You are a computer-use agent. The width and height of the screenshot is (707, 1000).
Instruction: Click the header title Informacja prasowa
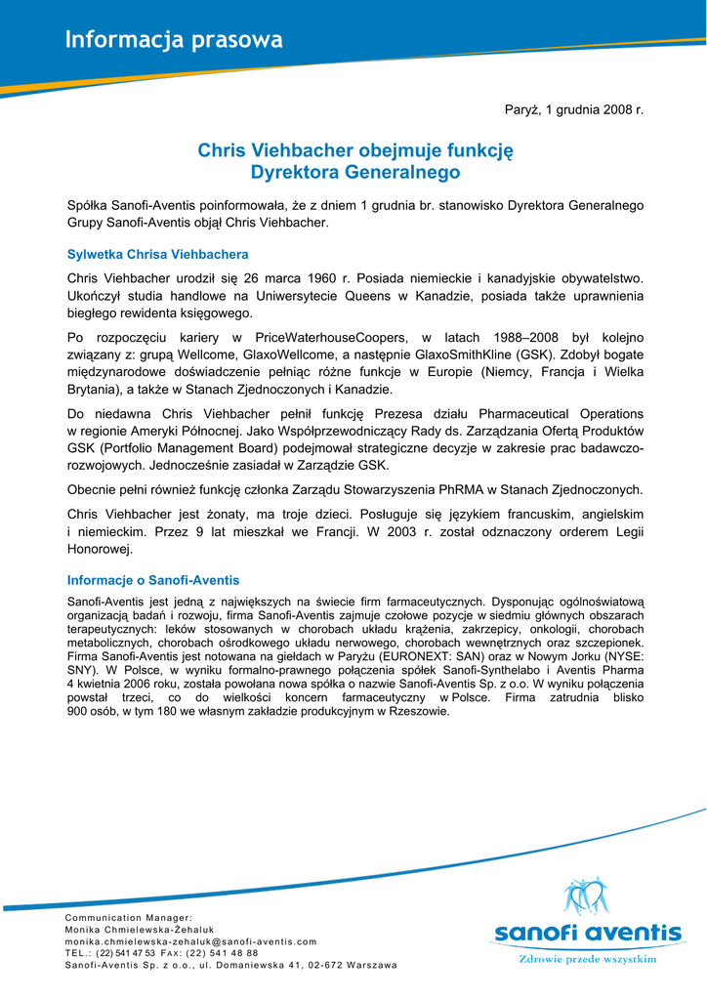click(174, 40)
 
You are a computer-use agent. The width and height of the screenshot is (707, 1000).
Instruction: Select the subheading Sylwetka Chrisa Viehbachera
click(157, 255)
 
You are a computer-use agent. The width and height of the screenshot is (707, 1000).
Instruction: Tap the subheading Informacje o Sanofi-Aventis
click(153, 580)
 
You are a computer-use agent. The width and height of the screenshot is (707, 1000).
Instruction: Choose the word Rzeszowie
click(418, 712)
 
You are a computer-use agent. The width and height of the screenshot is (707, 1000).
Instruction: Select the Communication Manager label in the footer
click(129, 918)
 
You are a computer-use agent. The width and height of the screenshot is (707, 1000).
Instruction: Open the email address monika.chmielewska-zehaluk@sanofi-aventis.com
click(190, 941)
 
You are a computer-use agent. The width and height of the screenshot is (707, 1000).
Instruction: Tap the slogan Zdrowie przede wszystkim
click(586, 960)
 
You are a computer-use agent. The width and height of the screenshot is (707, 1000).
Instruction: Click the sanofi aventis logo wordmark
click(587, 933)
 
